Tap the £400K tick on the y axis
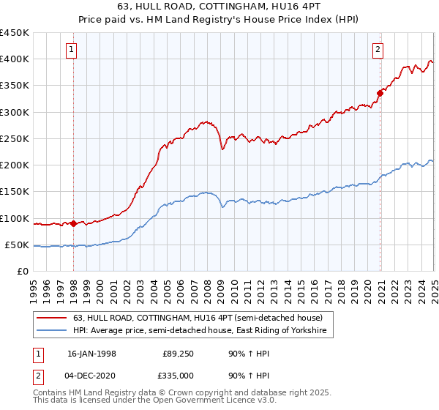(15, 59)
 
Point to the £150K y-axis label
(15, 192)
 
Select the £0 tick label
(23, 272)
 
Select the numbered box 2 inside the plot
(378, 50)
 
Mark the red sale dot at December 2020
(380, 93)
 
